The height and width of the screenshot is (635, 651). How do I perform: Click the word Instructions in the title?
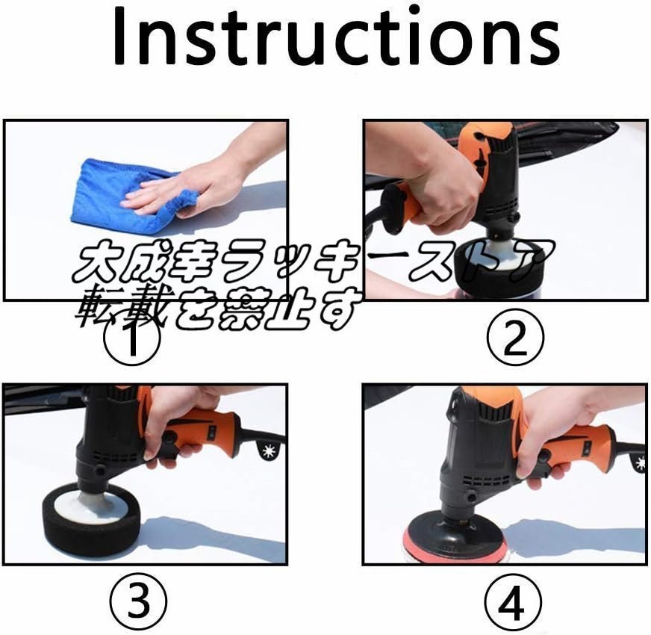[x=336, y=37]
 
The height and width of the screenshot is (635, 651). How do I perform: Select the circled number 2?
[x=515, y=338]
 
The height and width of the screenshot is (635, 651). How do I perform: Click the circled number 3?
[x=138, y=601]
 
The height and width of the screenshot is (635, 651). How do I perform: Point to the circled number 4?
[x=514, y=601]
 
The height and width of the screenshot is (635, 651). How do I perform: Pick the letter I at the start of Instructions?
[x=119, y=37]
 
